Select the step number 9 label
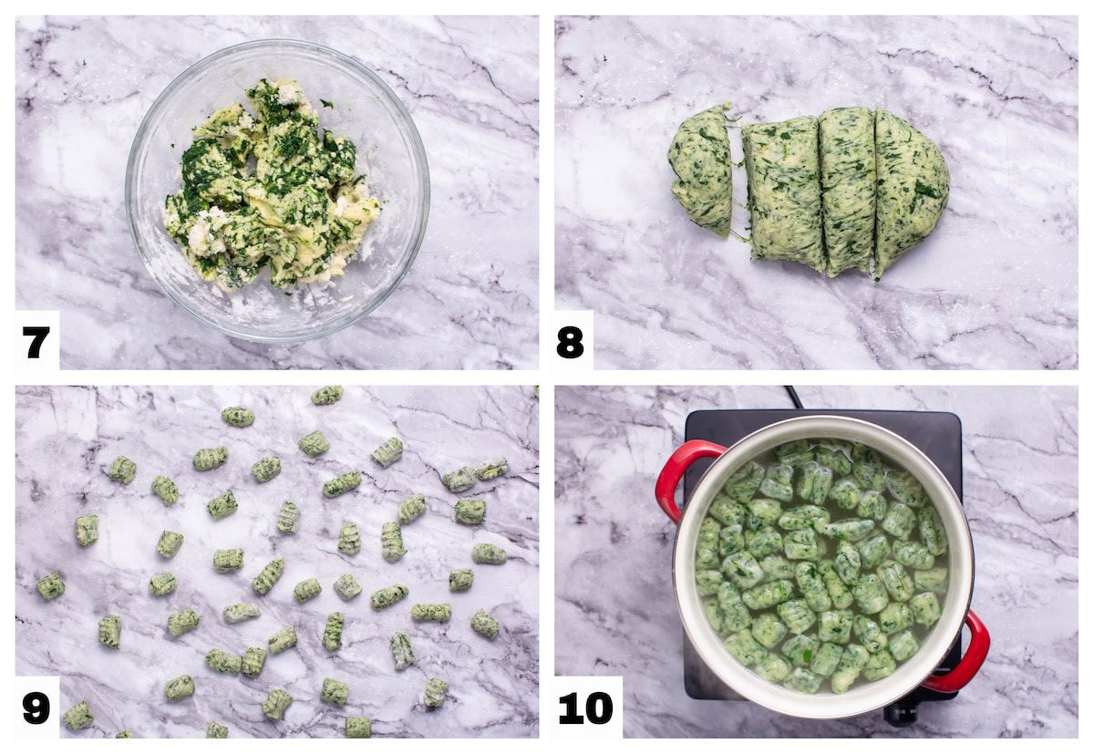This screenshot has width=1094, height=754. tap(36, 707)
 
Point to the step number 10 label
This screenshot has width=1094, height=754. tap(585, 707)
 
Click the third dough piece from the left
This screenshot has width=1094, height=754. tap(848, 190)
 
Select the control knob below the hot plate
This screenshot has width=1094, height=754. tap(901, 713)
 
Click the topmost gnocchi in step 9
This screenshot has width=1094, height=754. tap(326, 395)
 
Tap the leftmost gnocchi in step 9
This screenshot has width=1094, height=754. tap(50, 585)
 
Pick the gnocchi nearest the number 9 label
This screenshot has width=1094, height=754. tap(77, 716)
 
